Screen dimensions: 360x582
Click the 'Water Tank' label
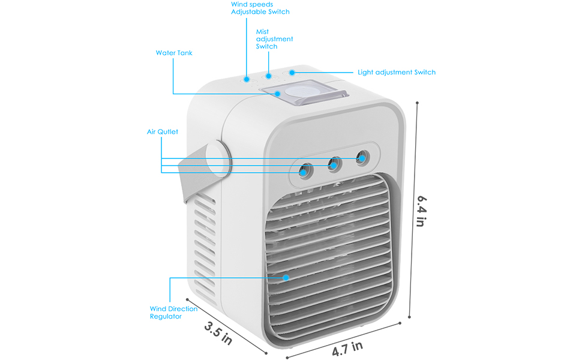pos(174,53)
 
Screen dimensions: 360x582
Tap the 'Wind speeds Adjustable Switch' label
pos(260,8)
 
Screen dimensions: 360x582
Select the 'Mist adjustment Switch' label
pos(274,39)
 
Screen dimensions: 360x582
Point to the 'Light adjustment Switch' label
pos(397,72)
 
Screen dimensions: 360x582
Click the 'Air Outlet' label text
pos(163,131)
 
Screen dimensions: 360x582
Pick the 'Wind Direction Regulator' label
pos(173,313)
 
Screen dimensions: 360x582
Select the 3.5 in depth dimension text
pos(218,332)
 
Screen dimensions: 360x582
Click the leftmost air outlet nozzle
pos(305,171)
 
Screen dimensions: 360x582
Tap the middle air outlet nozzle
pos(334,164)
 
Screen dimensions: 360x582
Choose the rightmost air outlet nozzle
pos(361,157)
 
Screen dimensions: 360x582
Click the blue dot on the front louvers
pos(286,278)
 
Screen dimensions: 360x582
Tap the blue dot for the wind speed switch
pos(247,79)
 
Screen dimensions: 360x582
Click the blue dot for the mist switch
pos(269,76)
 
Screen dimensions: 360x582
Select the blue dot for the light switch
pos(292,73)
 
